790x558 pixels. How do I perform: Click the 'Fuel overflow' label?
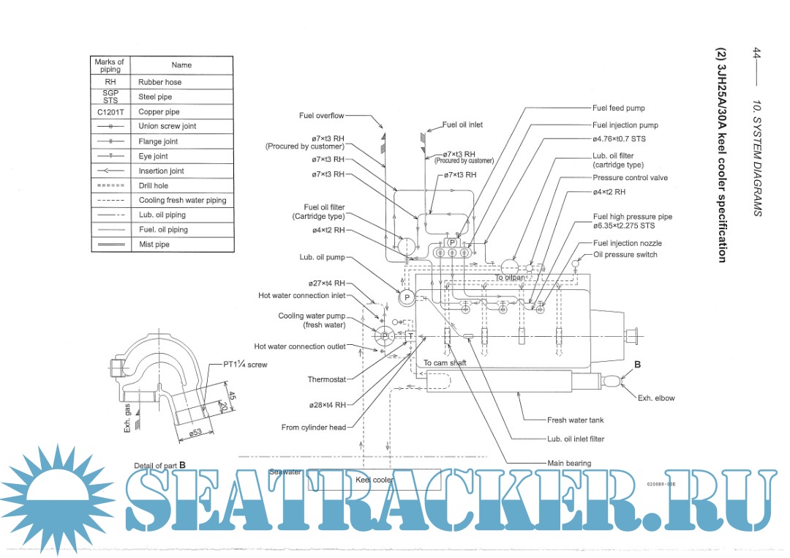point(321,116)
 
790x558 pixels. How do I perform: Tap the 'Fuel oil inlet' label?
point(462,124)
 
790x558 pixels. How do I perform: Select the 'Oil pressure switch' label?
point(625,255)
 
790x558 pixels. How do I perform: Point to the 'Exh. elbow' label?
point(655,398)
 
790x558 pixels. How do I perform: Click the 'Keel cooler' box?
point(375,480)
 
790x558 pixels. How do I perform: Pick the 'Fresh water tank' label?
point(576,420)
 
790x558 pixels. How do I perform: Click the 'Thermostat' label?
point(326,379)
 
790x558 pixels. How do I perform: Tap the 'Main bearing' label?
point(569,463)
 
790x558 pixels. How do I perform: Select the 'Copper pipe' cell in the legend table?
point(159,112)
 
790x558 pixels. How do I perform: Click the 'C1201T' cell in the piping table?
point(110,112)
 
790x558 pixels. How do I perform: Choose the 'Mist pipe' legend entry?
point(154,245)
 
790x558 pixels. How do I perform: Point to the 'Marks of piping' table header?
point(110,65)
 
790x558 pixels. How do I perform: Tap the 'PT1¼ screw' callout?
point(245,364)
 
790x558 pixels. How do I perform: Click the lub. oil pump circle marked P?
point(405,297)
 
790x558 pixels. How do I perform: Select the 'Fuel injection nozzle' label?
point(627,243)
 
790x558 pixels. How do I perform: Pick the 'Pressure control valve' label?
point(630,178)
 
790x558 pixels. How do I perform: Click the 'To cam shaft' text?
point(445,363)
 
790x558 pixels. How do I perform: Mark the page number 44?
point(758,53)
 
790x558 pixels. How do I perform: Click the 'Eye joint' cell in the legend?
point(153,156)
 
